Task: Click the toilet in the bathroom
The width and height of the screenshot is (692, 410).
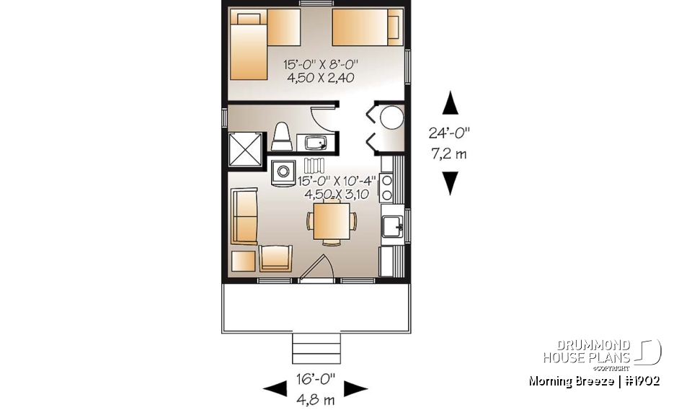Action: coord(281,138)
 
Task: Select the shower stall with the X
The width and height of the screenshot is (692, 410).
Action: coord(246,149)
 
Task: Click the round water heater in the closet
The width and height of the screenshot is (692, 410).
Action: coord(392,117)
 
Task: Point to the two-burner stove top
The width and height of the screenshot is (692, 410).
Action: coord(386,187)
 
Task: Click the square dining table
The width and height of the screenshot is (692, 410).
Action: coord(331,220)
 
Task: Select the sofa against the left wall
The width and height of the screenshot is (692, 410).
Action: coord(245,217)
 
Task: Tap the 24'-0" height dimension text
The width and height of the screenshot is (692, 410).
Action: coord(450,133)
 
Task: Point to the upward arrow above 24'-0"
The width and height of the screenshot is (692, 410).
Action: coord(450,102)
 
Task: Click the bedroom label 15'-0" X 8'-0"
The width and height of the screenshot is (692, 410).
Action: coord(318,65)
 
